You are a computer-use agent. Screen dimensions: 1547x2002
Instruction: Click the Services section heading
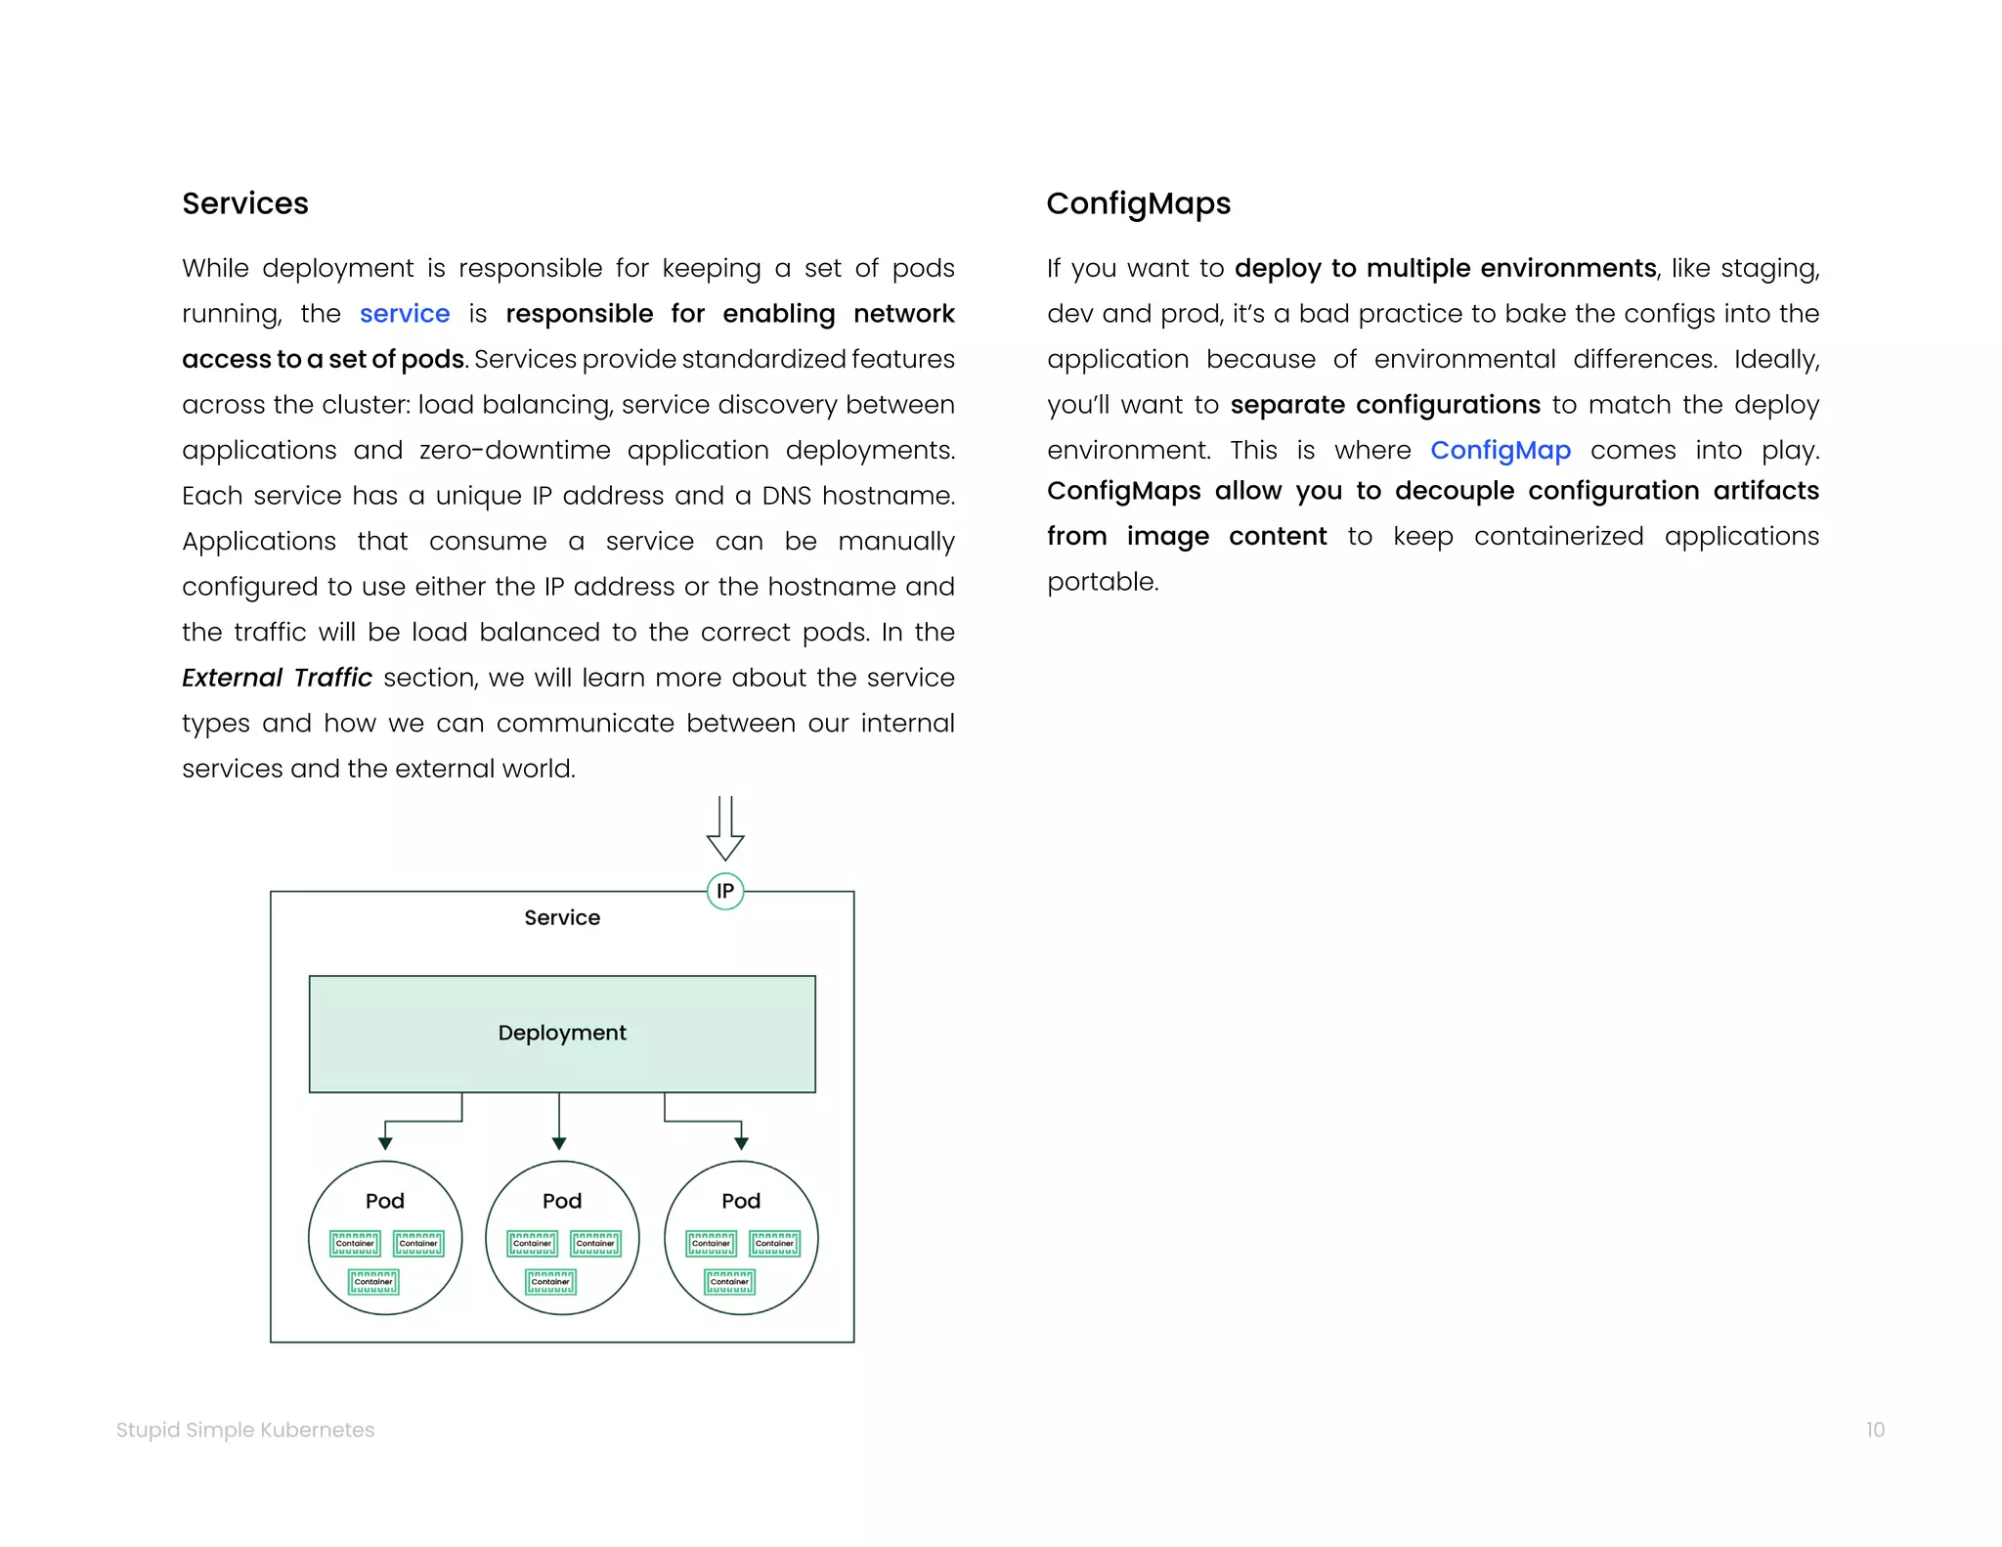pos(244,203)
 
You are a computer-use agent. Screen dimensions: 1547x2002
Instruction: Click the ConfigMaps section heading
pos(1138,203)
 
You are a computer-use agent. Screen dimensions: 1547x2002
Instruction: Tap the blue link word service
pos(404,314)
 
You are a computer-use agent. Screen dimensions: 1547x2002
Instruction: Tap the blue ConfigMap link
pos(1500,450)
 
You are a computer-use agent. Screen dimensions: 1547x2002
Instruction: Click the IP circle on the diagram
pos(724,891)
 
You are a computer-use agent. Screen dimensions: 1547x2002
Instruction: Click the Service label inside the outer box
pos(561,917)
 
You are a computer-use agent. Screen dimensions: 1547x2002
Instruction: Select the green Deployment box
pos(561,1034)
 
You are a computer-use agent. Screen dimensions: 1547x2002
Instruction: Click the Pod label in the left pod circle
pos(384,1201)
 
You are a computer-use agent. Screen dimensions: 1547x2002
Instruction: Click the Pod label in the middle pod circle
pos(561,1201)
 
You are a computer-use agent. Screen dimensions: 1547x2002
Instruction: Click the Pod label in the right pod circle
pos(740,1201)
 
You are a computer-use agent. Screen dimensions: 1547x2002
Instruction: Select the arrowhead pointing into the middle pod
pos(558,1143)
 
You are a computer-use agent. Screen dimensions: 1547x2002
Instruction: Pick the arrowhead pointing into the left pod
pos(385,1143)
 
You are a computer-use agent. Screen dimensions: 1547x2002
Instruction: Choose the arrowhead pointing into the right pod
pos(741,1143)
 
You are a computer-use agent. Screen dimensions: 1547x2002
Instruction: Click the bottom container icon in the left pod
pos(373,1282)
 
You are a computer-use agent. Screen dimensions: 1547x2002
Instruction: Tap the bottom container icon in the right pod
pos(729,1282)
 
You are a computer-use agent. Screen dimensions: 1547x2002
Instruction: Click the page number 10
pos(1874,1430)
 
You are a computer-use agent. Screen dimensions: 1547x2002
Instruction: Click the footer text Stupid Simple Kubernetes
pos(244,1430)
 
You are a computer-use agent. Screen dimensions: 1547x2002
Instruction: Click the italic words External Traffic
pos(277,678)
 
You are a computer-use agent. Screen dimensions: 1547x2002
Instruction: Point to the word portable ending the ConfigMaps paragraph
pos(1102,582)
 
